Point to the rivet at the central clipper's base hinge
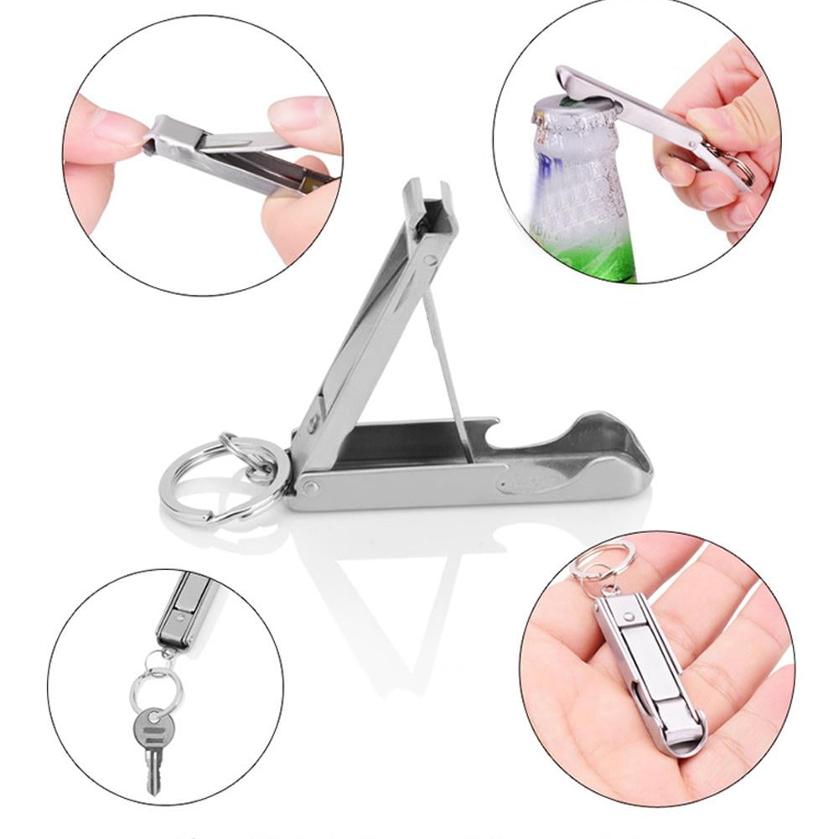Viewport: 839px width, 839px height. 311,487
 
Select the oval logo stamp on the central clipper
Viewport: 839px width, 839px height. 525,480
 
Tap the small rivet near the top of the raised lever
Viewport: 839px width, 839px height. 429,261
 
